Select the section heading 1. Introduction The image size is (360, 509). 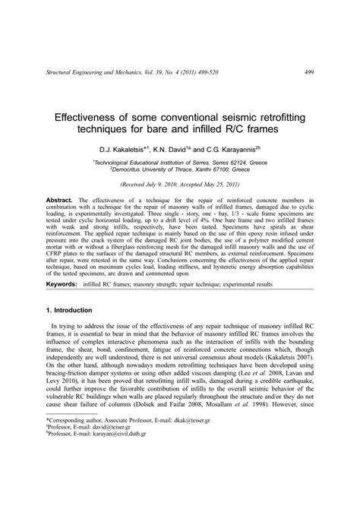point(71,331)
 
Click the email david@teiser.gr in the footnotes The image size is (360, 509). point(115,470)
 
